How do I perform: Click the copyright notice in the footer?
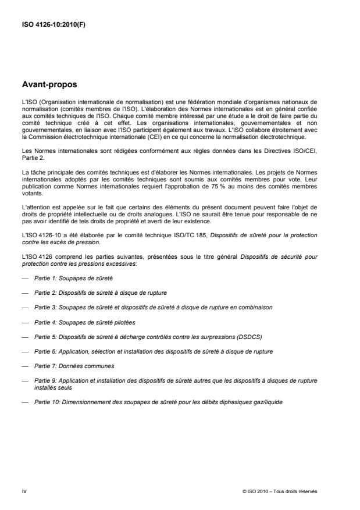pos(279,491)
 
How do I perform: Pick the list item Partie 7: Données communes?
pos(74,366)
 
